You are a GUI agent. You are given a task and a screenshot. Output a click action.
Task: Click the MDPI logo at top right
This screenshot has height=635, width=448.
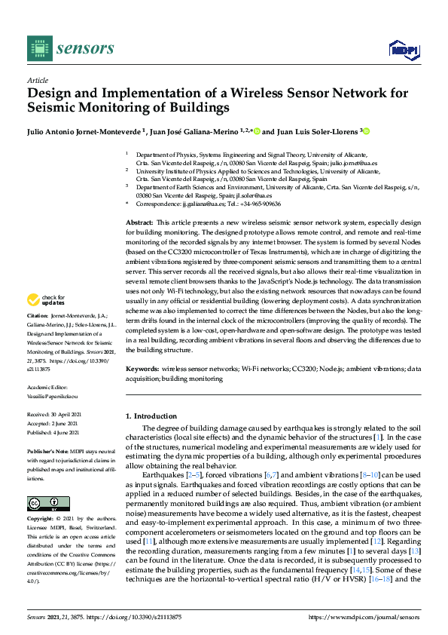tap(403, 50)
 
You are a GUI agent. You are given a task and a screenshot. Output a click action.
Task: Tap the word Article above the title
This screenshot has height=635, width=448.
tap(38, 79)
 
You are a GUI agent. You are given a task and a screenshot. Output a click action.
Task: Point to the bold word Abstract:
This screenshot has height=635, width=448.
tap(139, 224)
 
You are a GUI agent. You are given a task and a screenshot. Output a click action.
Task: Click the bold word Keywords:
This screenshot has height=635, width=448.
tap(142, 370)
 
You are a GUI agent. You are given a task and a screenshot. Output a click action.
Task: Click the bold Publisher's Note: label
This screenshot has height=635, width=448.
tap(48, 450)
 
